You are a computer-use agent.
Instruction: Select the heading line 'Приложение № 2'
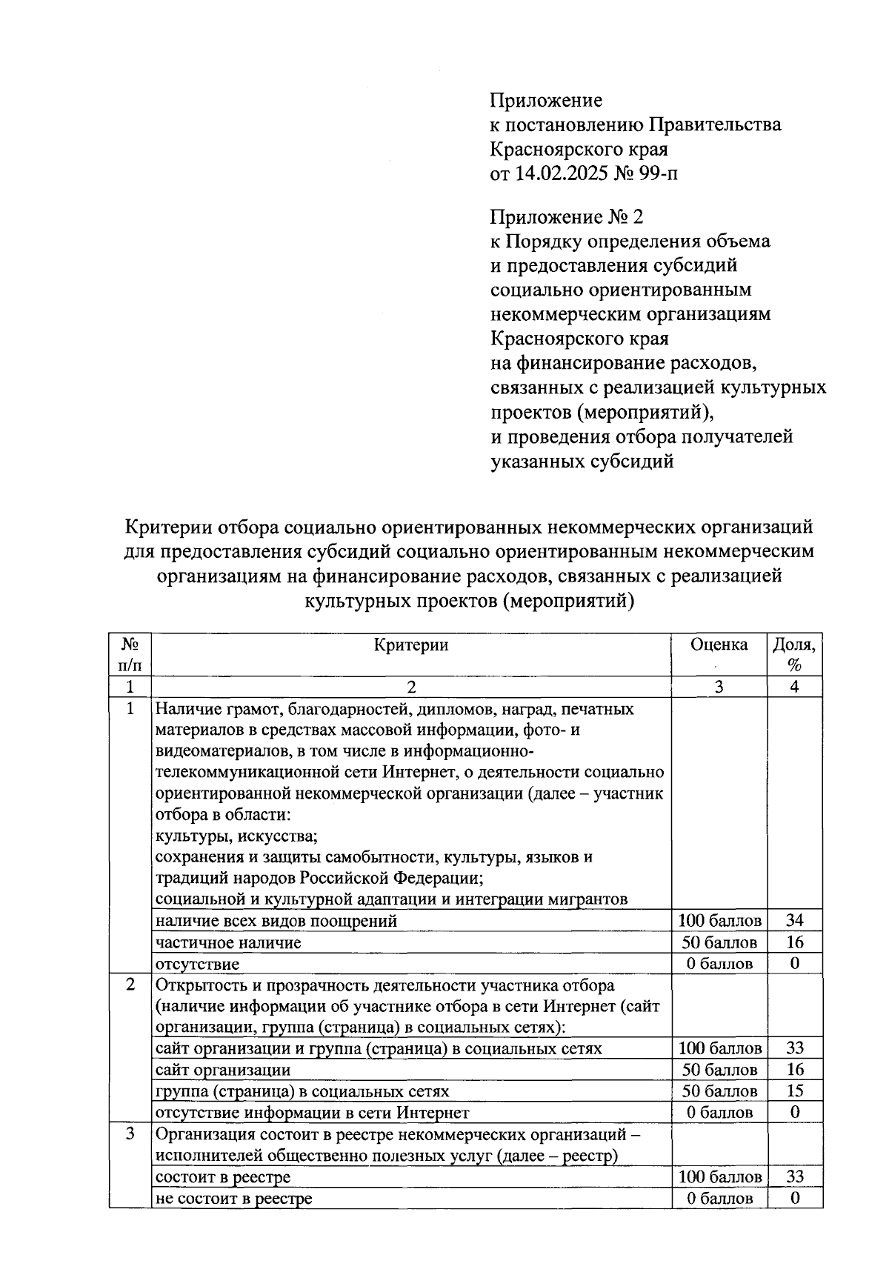click(567, 217)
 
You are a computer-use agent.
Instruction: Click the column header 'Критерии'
click(411, 645)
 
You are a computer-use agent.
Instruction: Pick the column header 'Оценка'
click(719, 645)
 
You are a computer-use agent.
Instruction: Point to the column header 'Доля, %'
click(794, 654)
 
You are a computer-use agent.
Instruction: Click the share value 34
click(794, 920)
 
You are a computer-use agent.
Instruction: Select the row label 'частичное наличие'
click(228, 942)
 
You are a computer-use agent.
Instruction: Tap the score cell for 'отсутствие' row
click(719, 964)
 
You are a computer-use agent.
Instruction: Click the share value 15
click(794, 1091)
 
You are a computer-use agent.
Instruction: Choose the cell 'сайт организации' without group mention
click(223, 1070)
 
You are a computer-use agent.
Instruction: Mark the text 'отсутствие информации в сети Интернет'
click(312, 1113)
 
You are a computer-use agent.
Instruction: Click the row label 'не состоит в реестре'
click(233, 1198)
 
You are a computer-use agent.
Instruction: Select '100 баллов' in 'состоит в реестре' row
click(719, 1176)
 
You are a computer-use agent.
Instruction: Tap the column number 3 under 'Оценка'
click(719, 687)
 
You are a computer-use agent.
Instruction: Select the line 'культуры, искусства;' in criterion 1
click(236, 836)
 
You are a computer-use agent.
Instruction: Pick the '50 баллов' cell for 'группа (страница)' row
click(719, 1091)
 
